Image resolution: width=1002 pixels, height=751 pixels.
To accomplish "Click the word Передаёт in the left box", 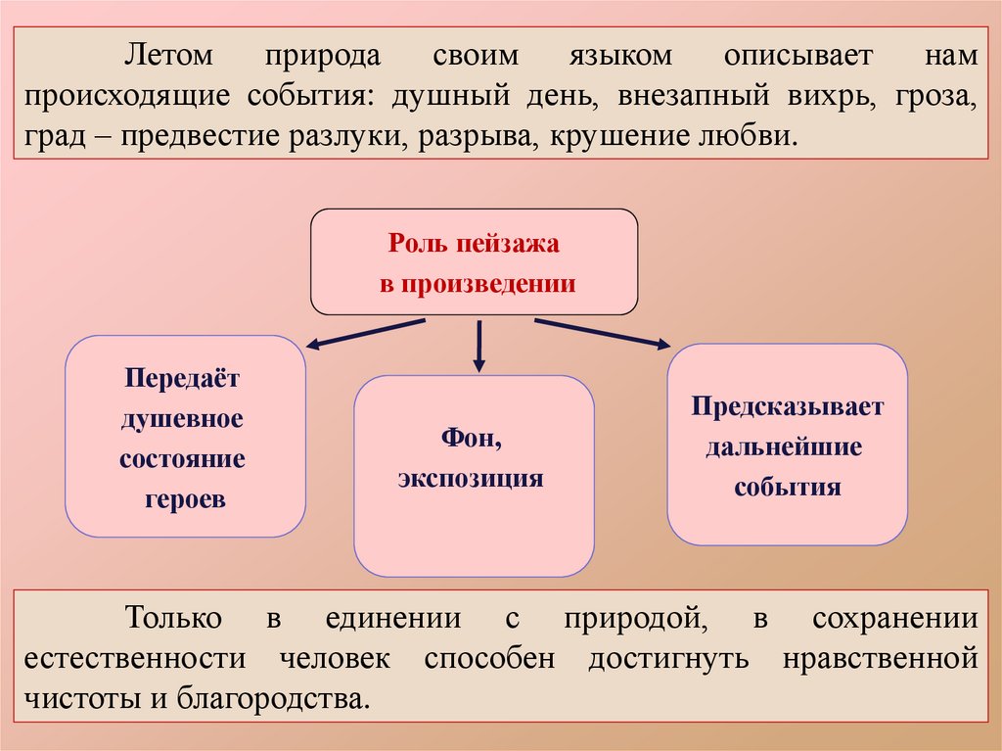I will click(182, 377).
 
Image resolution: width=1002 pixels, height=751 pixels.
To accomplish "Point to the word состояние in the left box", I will click(183, 458).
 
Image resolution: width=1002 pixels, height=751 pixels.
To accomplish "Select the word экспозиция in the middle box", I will click(471, 479).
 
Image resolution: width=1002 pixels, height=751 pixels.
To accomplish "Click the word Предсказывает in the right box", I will click(787, 406).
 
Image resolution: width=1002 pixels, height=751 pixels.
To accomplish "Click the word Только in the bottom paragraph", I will click(174, 619).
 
